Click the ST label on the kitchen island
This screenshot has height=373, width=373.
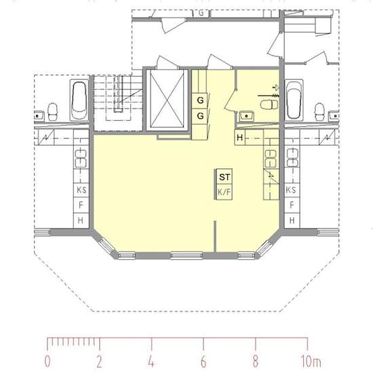224,177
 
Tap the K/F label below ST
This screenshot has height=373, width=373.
224,192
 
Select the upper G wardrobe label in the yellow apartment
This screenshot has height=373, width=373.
200,100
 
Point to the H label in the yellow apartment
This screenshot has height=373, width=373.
240,138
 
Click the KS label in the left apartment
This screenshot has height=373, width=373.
81,190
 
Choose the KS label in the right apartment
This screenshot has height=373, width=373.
291,190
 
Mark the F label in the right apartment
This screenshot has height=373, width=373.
292,205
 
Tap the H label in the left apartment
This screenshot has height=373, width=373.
81,221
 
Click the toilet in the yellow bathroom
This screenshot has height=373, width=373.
269,104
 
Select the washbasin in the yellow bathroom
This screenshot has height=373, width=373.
246,116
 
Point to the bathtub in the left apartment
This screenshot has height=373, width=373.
79,100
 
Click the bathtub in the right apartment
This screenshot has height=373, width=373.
294,100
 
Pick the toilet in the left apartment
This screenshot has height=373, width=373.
53,112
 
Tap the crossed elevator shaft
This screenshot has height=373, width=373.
168,99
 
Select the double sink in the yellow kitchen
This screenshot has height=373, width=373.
271,159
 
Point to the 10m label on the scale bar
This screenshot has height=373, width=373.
311,361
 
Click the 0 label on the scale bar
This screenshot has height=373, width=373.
47,361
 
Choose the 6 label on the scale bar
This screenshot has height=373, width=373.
203,361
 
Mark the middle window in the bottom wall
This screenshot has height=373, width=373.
186,256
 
